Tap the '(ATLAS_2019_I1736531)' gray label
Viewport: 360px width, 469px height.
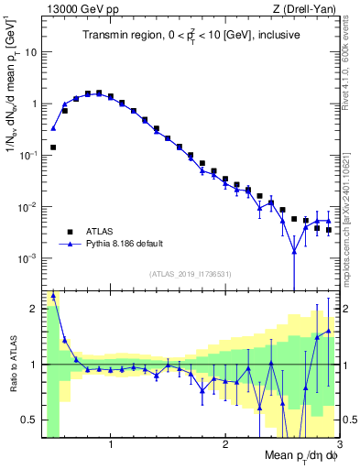pos(191,274)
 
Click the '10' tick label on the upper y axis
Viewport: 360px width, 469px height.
pos(30,52)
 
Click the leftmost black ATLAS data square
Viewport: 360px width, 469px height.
pos(53,147)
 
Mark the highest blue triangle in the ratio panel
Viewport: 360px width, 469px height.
pos(53,295)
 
